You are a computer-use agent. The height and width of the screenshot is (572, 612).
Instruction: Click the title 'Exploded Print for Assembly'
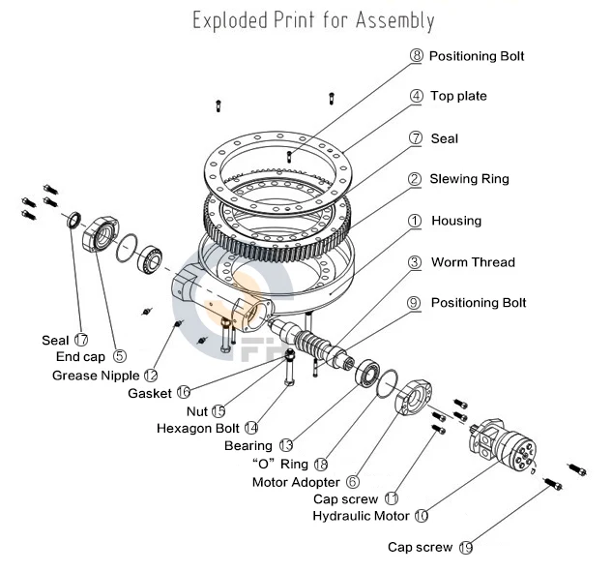pos(312,20)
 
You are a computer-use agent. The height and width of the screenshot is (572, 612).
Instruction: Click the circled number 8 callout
pos(416,56)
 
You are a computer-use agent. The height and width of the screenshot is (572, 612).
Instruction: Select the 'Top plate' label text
pos(458,96)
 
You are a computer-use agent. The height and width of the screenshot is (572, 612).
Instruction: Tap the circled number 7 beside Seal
pos(416,138)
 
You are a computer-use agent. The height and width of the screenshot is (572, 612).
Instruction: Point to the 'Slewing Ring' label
pos(469,179)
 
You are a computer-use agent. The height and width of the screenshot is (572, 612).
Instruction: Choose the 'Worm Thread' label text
pos(473,262)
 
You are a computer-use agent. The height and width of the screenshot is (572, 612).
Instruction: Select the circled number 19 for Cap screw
pos(466,548)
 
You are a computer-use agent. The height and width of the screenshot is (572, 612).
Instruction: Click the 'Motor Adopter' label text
pos(296,481)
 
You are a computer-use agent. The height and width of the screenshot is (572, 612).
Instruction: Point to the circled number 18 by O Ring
pos(321,464)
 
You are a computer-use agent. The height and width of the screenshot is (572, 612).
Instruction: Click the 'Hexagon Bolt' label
pos(197,427)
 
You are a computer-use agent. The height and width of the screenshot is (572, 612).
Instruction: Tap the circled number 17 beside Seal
pos(80,340)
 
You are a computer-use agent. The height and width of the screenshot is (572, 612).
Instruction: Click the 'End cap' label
pos(80,356)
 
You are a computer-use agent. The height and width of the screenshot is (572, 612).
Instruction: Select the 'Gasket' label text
pos(150,393)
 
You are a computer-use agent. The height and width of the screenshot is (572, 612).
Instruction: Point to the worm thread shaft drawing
pos(324,347)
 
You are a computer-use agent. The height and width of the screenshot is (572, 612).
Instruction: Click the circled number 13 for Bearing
pos(285,445)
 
